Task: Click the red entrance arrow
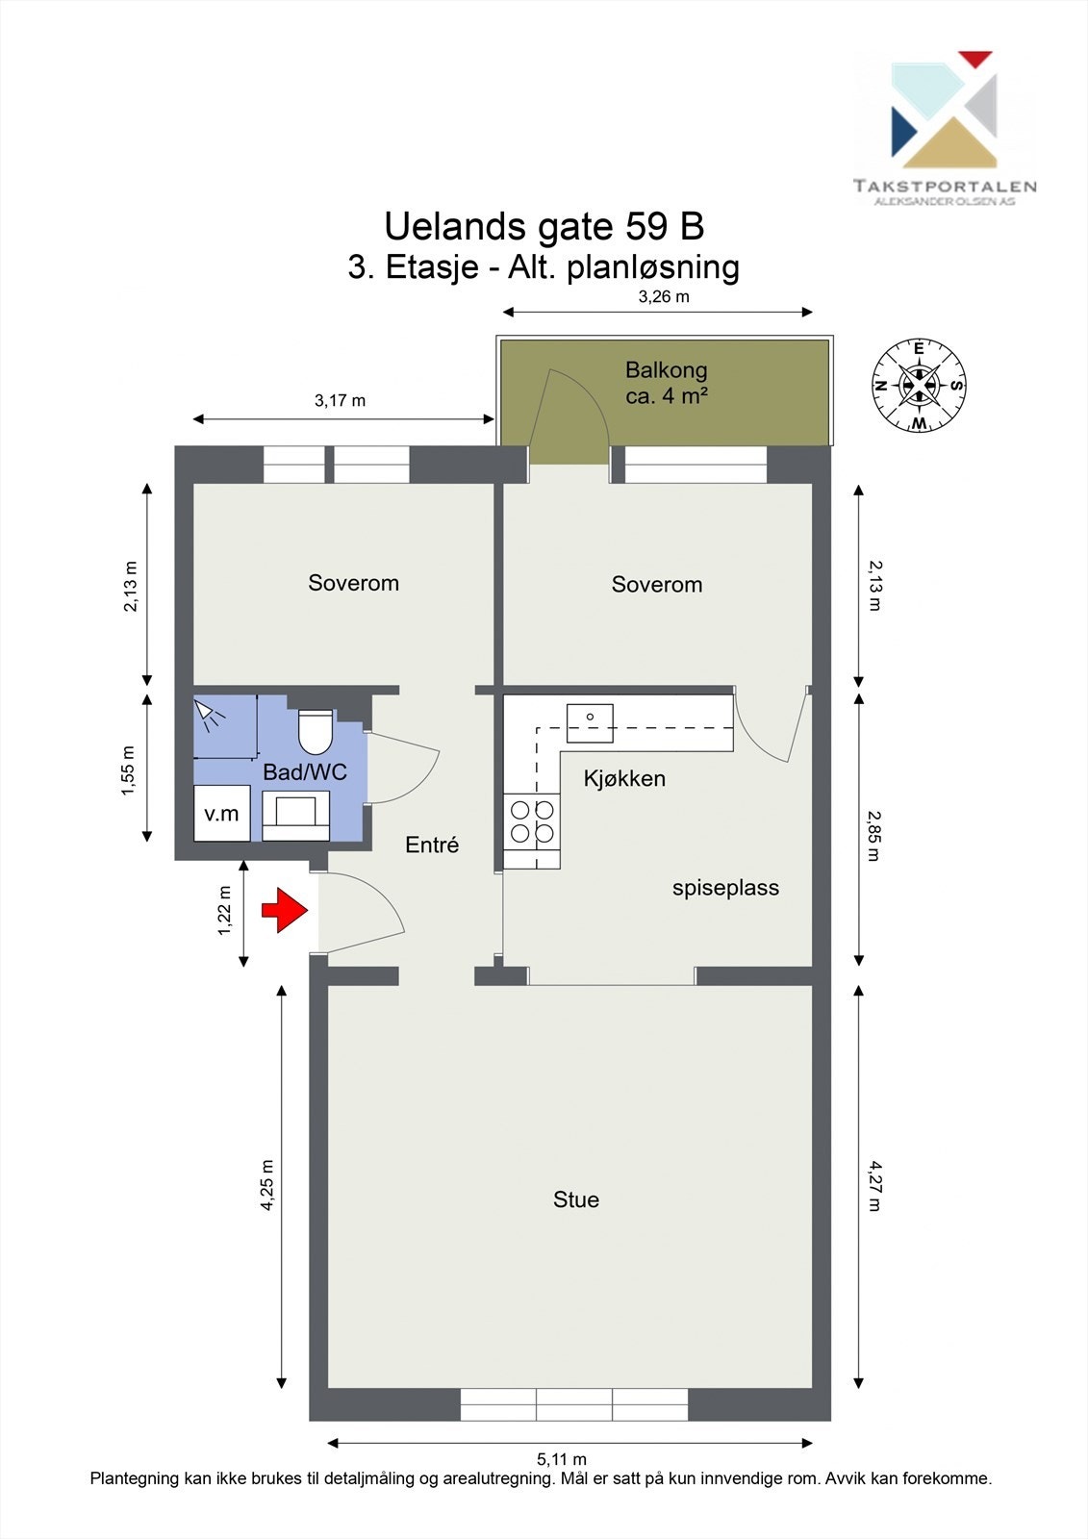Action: [x=283, y=910]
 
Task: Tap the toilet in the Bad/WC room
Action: [x=315, y=732]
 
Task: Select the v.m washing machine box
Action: [x=222, y=814]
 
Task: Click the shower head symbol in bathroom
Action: [x=206, y=711]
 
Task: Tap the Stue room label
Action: [x=576, y=1199]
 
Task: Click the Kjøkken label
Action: [x=624, y=778]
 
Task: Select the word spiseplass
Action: [x=725, y=888]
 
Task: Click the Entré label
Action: [x=432, y=845]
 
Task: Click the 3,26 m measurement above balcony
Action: [x=664, y=296]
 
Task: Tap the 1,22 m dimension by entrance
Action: [x=225, y=910]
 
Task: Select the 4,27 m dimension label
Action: [x=873, y=1185]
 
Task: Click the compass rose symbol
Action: [x=919, y=386]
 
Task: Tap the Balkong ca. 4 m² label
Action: [x=666, y=382]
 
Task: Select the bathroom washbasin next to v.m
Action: [x=295, y=813]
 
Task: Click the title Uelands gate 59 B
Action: [x=544, y=227]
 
